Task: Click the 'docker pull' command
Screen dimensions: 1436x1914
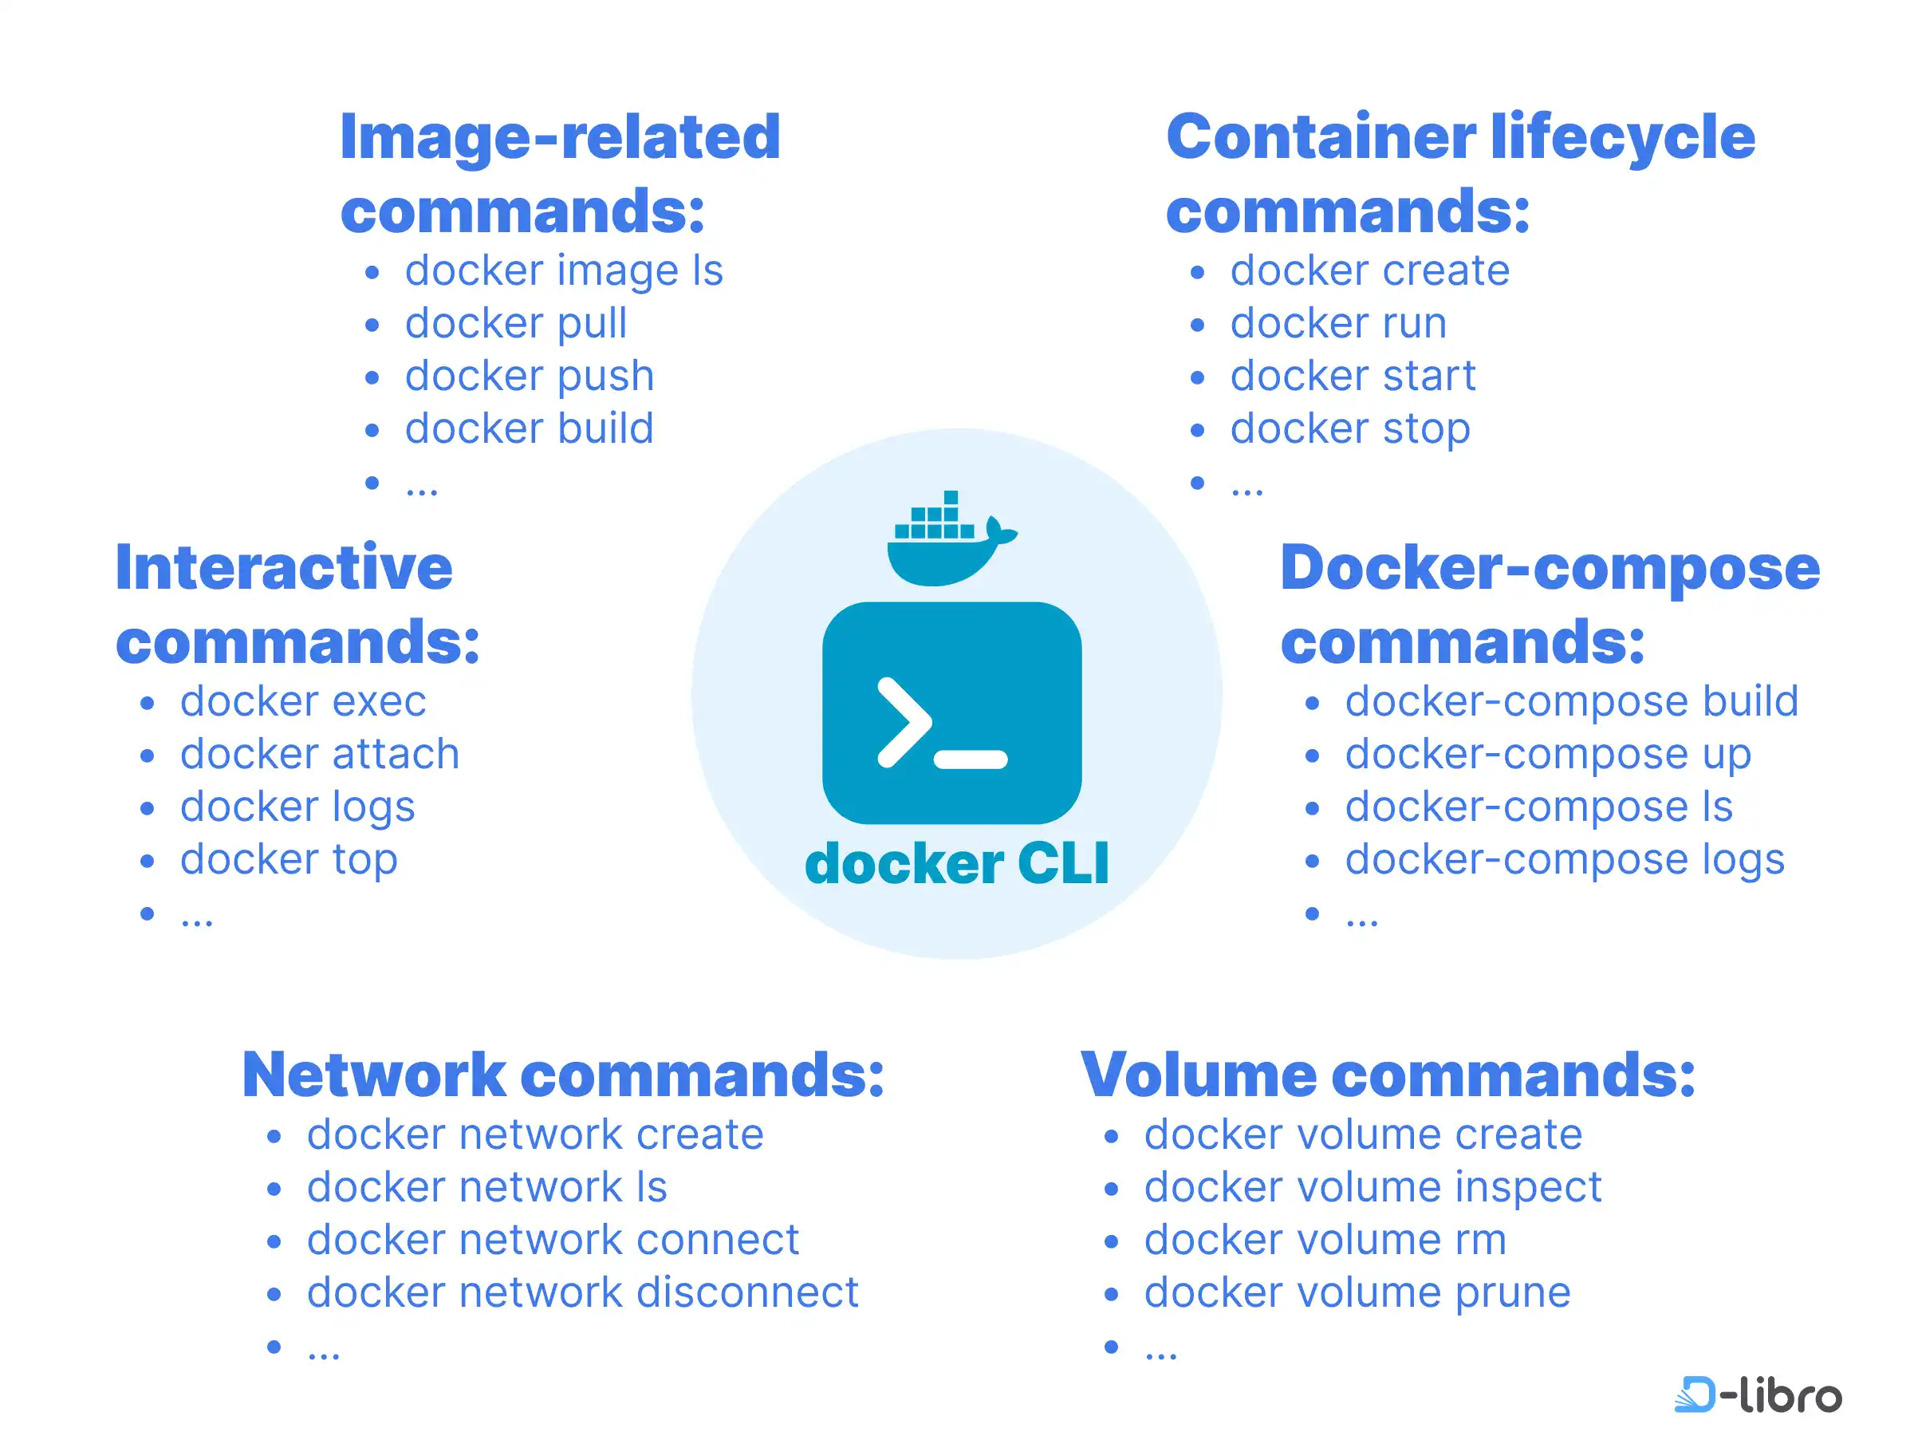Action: point(516,324)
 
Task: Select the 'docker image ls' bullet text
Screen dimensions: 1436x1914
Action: point(563,271)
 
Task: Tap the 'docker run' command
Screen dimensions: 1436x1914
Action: point(1337,324)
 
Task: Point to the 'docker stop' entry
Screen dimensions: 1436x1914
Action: point(1350,429)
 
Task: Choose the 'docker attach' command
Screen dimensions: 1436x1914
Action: point(319,754)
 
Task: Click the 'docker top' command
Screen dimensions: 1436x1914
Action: point(288,859)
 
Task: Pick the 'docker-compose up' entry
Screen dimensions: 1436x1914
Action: point(1547,754)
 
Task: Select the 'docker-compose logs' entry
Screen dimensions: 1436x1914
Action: point(1565,859)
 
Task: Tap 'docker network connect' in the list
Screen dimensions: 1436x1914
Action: point(553,1240)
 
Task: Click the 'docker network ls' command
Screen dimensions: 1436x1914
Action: point(487,1187)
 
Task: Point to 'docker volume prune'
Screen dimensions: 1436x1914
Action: point(1357,1292)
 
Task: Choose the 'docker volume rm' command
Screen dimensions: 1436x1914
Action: point(1325,1240)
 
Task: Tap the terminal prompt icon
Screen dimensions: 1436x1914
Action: point(951,713)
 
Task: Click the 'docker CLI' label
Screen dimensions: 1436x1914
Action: point(956,864)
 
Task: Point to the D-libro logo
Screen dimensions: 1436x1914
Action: point(1758,1395)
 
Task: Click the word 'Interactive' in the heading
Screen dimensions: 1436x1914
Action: point(284,568)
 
